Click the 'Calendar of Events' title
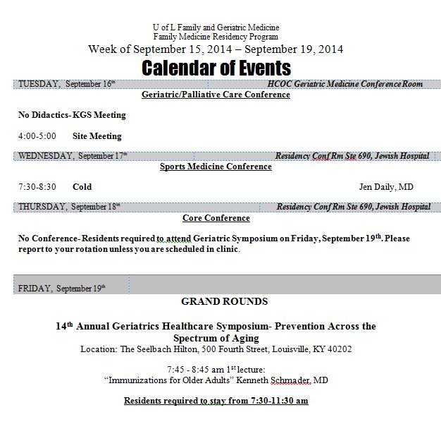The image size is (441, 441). tap(216, 68)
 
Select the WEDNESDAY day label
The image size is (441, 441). tap(45, 156)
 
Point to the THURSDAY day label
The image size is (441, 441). tap(42, 207)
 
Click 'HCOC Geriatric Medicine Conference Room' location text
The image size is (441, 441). tap(344, 84)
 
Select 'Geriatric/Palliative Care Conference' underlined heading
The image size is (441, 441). tap(216, 95)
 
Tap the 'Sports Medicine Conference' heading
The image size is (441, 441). tap(216, 167)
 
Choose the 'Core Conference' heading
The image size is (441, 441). tap(216, 218)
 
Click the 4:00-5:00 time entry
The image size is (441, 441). tap(37, 136)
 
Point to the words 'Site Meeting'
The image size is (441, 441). tap(97, 136)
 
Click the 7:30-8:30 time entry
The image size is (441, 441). tap(37, 187)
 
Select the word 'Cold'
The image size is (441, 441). tap(82, 187)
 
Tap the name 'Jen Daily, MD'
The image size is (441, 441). tap(386, 187)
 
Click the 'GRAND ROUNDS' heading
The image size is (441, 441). tap(224, 301)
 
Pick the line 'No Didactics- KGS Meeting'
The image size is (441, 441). tap(72, 115)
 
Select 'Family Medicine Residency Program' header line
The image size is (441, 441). tap(216, 37)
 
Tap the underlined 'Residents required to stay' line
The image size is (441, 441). tap(216, 401)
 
